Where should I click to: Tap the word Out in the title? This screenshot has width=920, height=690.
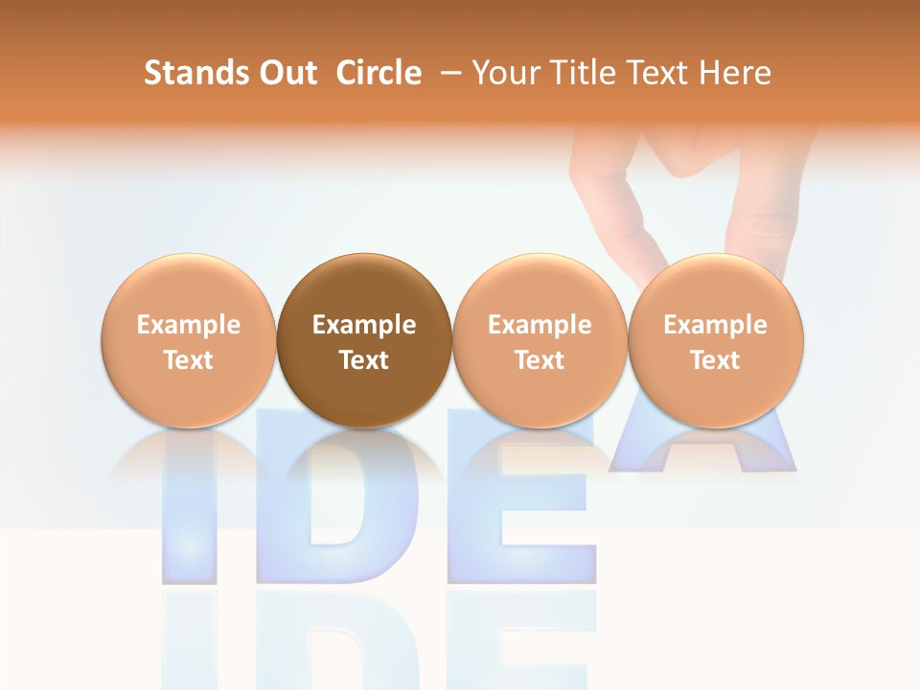coord(287,73)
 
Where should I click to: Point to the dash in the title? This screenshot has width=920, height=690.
coord(450,73)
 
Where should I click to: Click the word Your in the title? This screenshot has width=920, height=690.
coord(502,73)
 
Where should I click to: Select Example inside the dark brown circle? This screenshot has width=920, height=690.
coord(364,325)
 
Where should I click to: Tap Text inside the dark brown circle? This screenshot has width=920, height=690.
coord(364,360)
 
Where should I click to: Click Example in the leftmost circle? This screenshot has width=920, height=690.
coord(189,325)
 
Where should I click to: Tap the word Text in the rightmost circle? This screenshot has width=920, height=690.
coord(715,360)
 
